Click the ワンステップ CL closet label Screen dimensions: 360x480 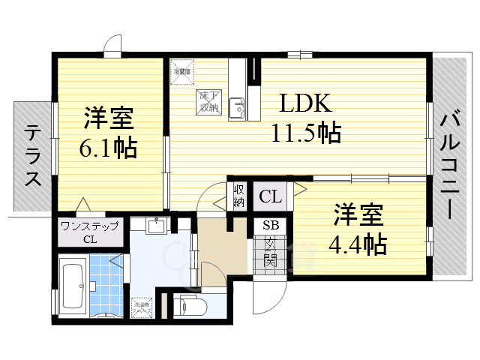tap(89, 233)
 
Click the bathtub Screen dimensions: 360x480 tap(72, 285)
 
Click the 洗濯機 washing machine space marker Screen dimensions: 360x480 tap(142, 307)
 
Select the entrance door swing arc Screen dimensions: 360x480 tap(262, 300)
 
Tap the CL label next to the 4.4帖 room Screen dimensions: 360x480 tap(271, 197)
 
